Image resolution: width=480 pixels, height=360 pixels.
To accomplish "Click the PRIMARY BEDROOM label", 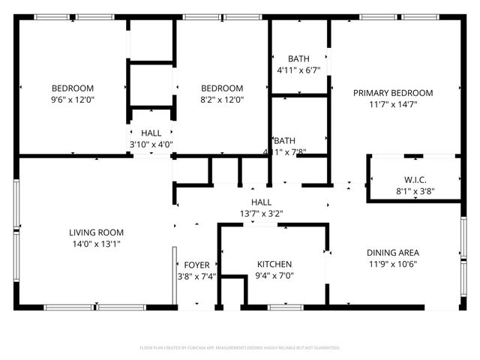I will pyautogui.click(x=393, y=93).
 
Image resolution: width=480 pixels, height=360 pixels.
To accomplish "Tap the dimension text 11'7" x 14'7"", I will pyautogui.click(x=393, y=104).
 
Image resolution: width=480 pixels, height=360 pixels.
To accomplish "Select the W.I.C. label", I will pyautogui.click(x=415, y=180).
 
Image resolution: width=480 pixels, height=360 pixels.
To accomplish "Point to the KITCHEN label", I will pyautogui.click(x=274, y=264).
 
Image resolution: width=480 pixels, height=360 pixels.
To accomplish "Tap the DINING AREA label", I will pyautogui.click(x=393, y=253).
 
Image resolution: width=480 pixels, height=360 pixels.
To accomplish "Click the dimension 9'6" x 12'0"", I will pyautogui.click(x=73, y=99).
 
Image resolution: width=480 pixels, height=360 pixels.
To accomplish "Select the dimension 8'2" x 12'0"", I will pyautogui.click(x=222, y=99).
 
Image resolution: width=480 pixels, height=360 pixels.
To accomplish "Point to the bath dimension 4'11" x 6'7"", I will pyautogui.click(x=299, y=70).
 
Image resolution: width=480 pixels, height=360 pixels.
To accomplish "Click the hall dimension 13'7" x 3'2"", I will pyautogui.click(x=261, y=213).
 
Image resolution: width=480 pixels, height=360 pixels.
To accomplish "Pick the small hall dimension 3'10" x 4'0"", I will pyautogui.click(x=151, y=145).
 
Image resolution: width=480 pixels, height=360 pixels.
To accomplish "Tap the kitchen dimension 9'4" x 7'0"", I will pyautogui.click(x=274, y=275).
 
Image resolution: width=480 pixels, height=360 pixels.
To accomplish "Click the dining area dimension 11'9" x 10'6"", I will pyautogui.click(x=393, y=264).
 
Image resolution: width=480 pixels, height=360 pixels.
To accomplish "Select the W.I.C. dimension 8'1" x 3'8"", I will pyautogui.click(x=415, y=191).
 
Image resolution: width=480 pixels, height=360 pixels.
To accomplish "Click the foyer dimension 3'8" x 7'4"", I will pyautogui.click(x=197, y=276).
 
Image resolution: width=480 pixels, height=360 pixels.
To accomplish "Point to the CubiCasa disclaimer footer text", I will pyautogui.click(x=240, y=348).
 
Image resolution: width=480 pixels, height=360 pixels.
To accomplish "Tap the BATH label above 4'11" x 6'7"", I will pyautogui.click(x=299, y=59).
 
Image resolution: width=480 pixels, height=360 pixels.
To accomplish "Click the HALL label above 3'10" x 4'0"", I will pyautogui.click(x=151, y=133).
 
